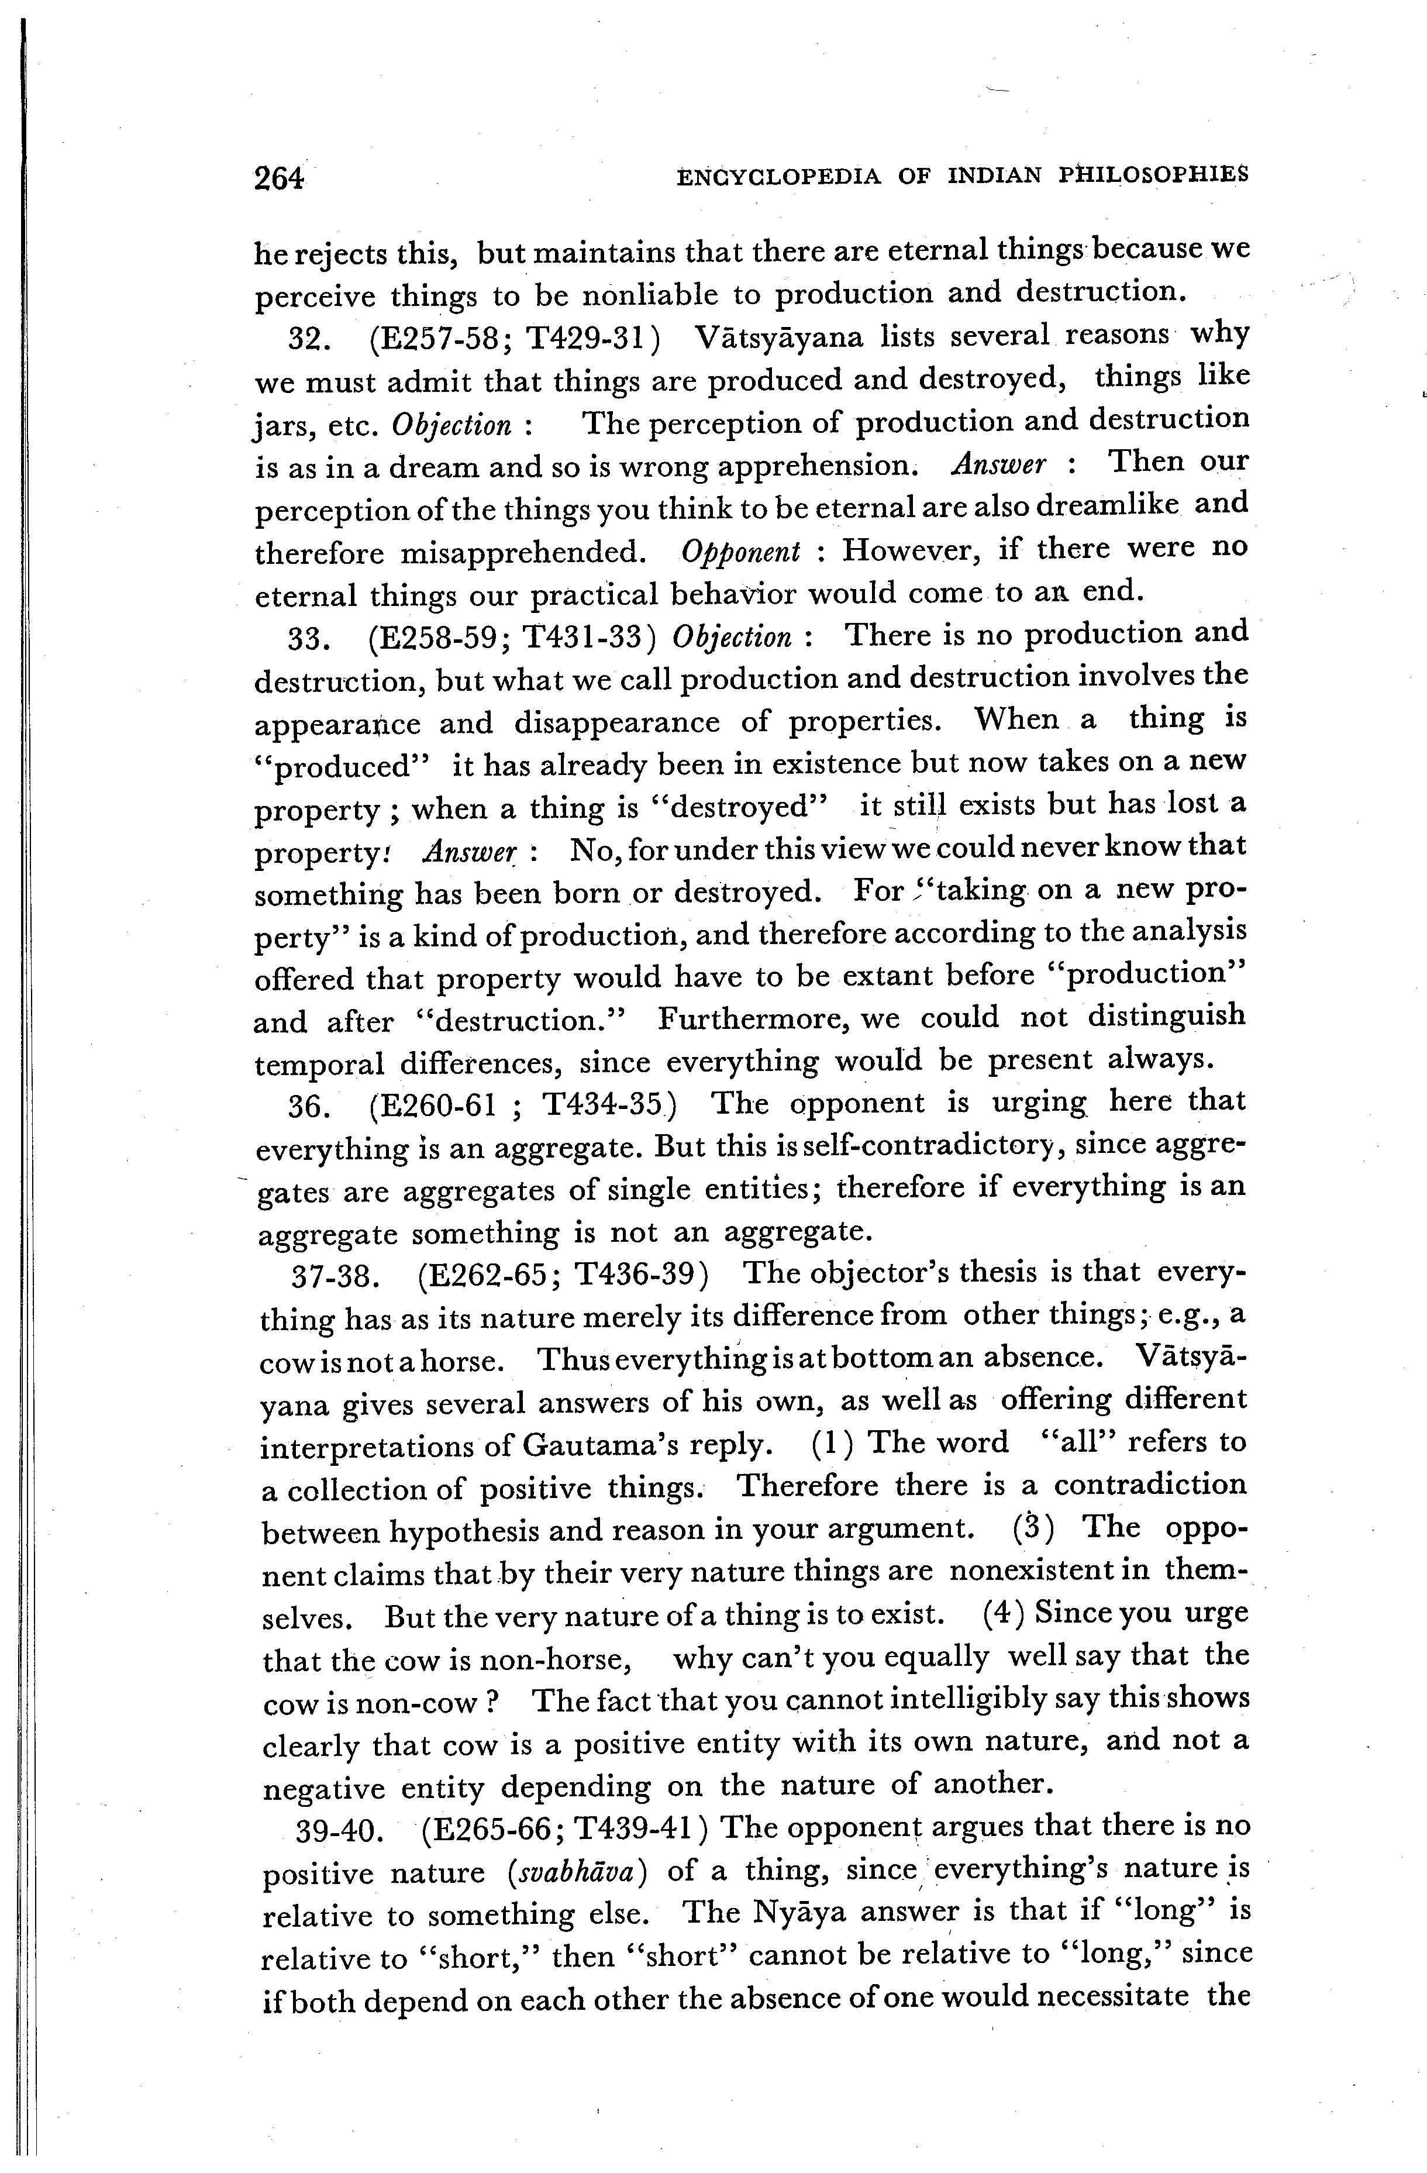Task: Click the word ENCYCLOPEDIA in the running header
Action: (779, 176)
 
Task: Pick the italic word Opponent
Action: (740, 552)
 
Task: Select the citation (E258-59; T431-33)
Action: (512, 638)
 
